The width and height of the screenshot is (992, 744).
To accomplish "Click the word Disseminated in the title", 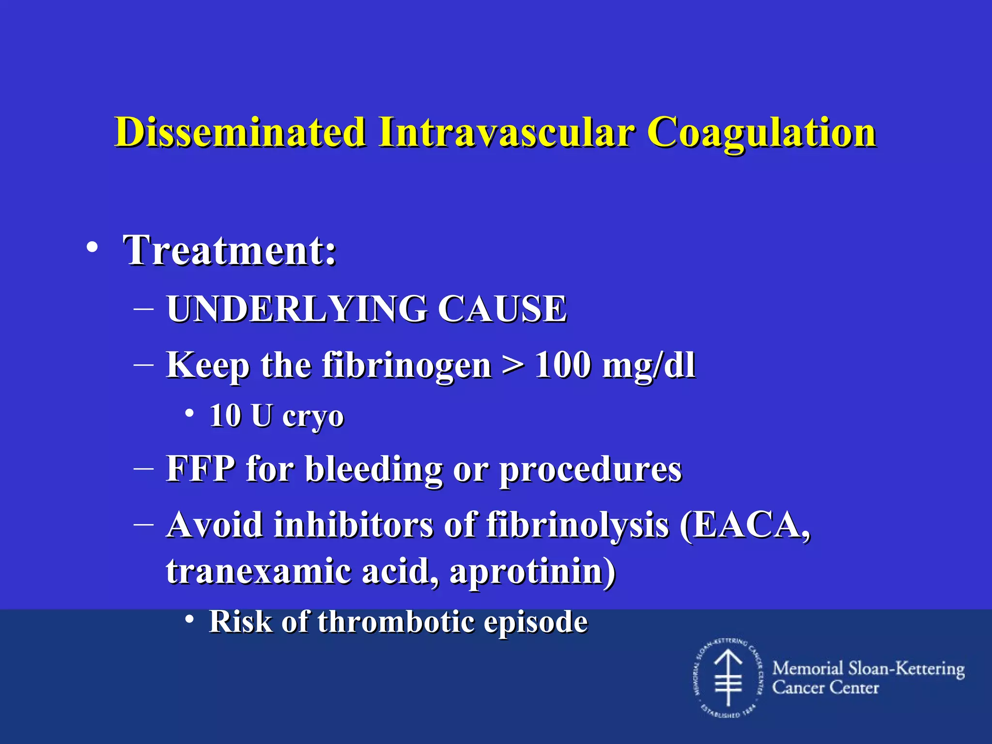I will (240, 132).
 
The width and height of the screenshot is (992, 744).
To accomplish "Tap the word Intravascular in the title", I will (506, 132).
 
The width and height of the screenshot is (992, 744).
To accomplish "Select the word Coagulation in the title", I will (761, 132).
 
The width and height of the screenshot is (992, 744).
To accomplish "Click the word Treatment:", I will (230, 250).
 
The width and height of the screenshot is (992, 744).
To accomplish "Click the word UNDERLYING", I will (297, 309).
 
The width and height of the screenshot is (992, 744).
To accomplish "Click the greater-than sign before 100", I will (513, 365).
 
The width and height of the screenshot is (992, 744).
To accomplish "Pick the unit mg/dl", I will (648, 365).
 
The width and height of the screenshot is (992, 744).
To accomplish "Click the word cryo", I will (313, 417).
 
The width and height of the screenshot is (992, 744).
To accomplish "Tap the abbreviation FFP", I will (201, 469).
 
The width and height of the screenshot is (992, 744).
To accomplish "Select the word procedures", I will (590, 470).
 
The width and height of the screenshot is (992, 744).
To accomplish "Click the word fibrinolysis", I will (577, 525).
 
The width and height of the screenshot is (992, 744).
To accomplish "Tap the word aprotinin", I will (532, 572).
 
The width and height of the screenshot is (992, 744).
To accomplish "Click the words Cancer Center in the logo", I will (825, 688).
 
